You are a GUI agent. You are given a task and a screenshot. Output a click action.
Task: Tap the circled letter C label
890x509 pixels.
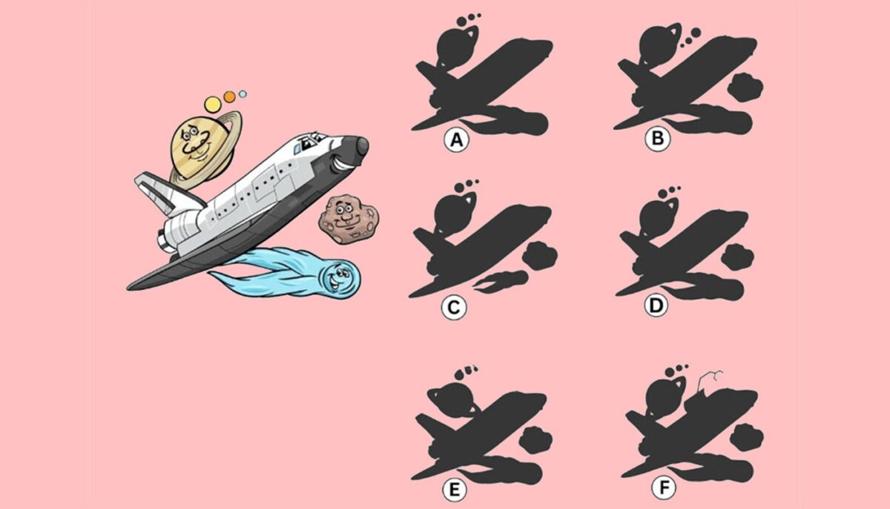453,307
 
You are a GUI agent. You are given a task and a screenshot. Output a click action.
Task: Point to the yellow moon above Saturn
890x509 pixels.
213,103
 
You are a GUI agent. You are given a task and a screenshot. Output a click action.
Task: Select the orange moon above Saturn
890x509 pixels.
229,96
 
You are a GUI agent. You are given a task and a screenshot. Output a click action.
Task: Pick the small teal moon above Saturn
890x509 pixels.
243,94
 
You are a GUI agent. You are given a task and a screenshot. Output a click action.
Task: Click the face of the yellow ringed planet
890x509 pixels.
194,142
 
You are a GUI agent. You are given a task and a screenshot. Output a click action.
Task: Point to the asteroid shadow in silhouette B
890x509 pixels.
745,88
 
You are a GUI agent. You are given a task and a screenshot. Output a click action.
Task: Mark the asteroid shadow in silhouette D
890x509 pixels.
738,256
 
